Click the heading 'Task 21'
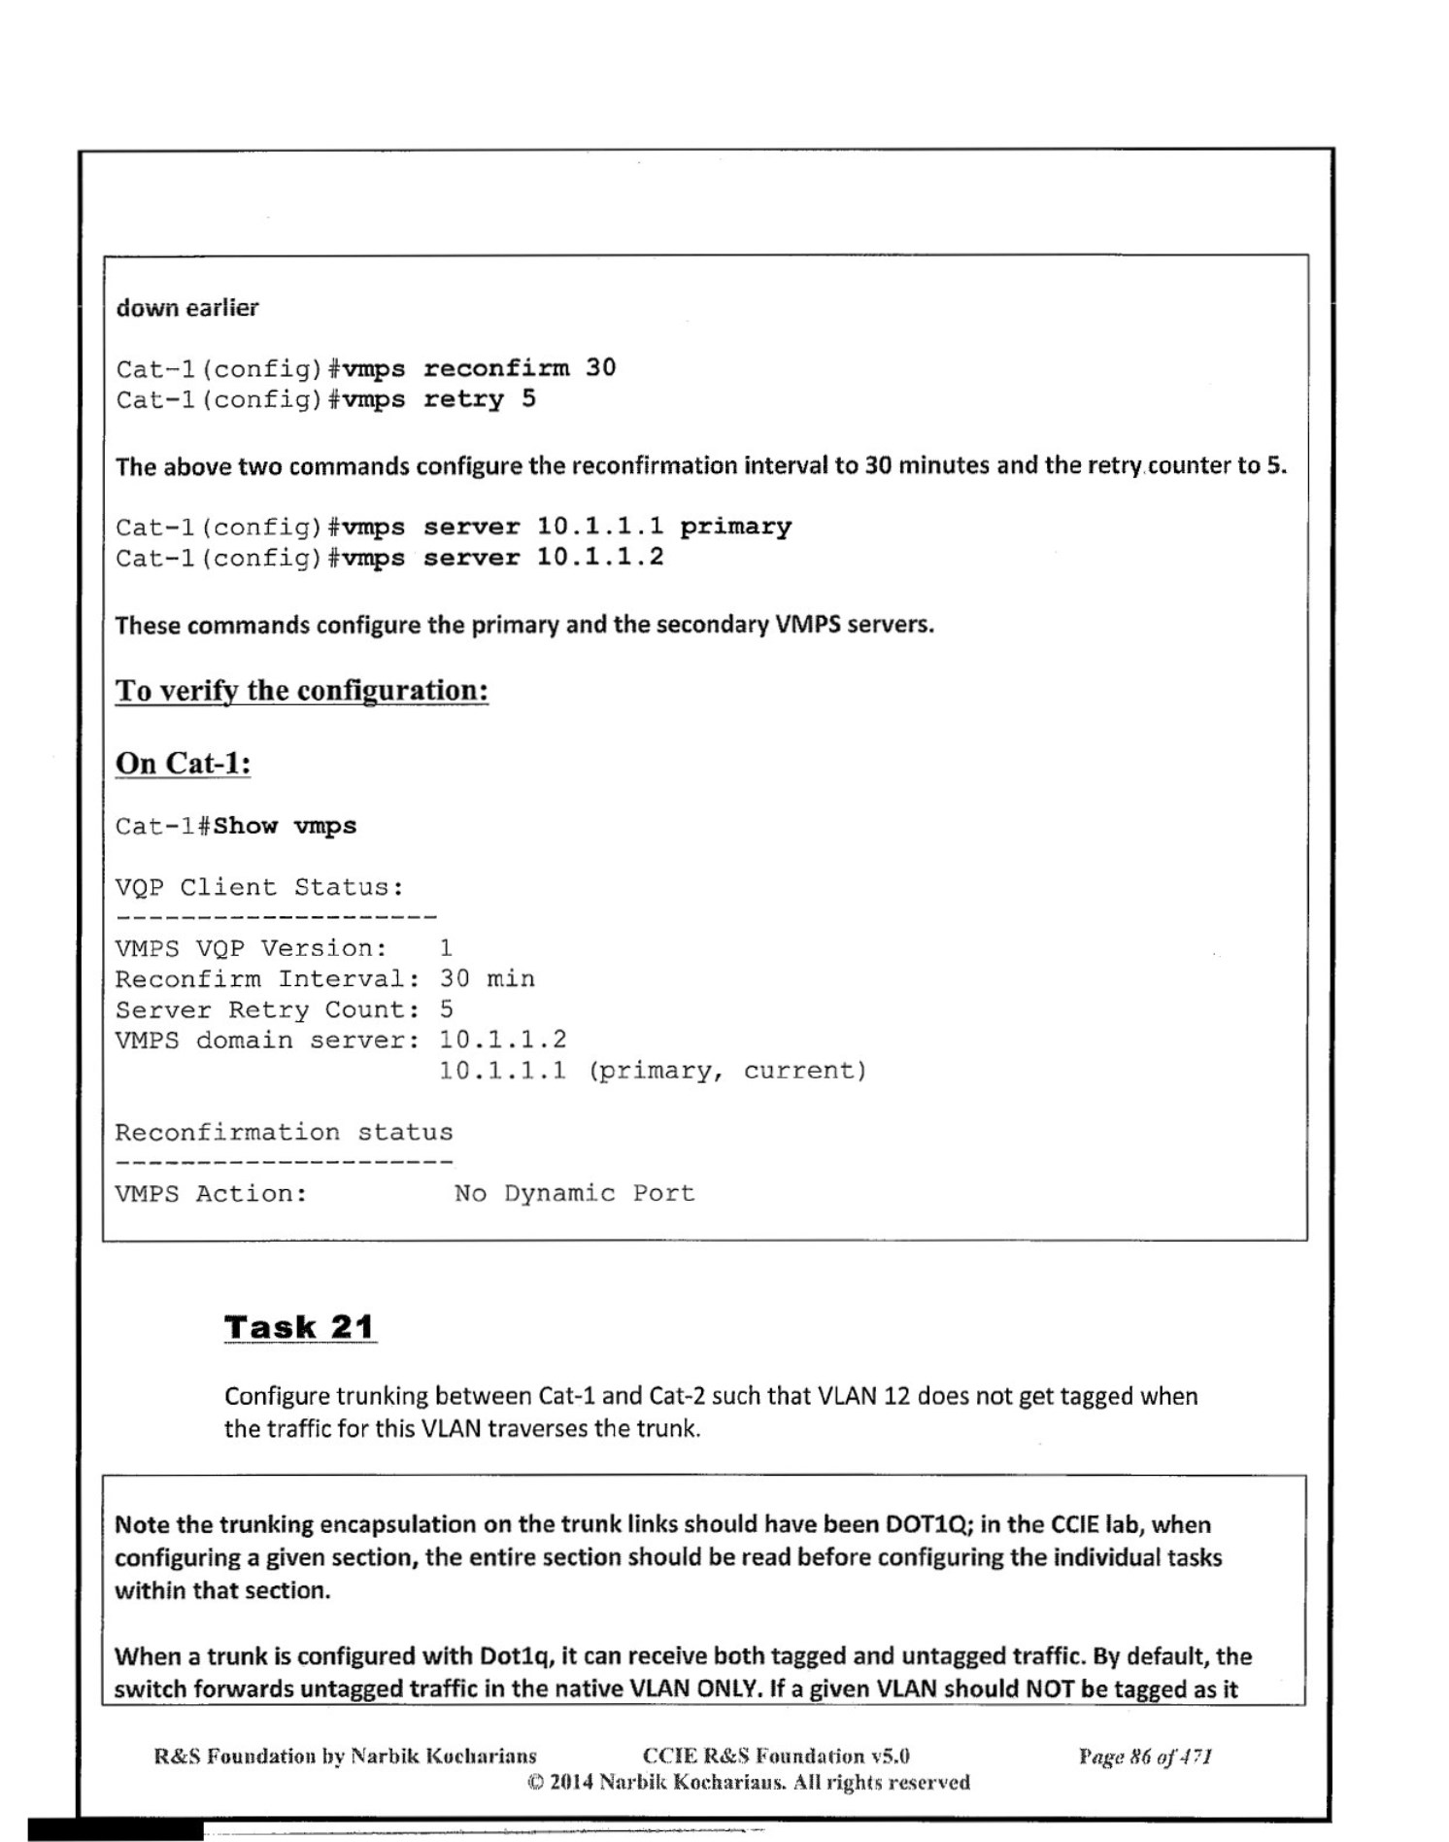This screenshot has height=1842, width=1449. point(299,1327)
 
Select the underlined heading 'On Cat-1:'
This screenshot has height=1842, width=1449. point(184,764)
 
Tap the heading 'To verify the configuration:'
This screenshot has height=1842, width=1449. point(301,691)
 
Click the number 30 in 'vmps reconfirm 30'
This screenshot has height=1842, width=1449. point(600,368)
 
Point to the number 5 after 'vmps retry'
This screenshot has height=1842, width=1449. point(528,399)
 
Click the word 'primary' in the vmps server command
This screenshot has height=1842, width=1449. point(735,527)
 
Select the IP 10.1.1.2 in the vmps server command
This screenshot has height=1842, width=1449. point(600,558)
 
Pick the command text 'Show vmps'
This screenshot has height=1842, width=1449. point(285,826)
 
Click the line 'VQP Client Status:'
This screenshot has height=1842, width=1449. point(259,887)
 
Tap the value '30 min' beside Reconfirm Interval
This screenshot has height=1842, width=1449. point(487,978)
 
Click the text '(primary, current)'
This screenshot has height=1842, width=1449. point(727,1071)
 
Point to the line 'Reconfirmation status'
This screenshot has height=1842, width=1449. point(284,1132)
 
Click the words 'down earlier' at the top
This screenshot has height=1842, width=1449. point(187,308)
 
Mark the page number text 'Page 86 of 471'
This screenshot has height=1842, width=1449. point(1145,1756)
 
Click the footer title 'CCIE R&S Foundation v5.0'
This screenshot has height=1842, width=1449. point(776,1756)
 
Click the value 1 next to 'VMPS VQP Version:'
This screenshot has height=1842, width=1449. point(446,948)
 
